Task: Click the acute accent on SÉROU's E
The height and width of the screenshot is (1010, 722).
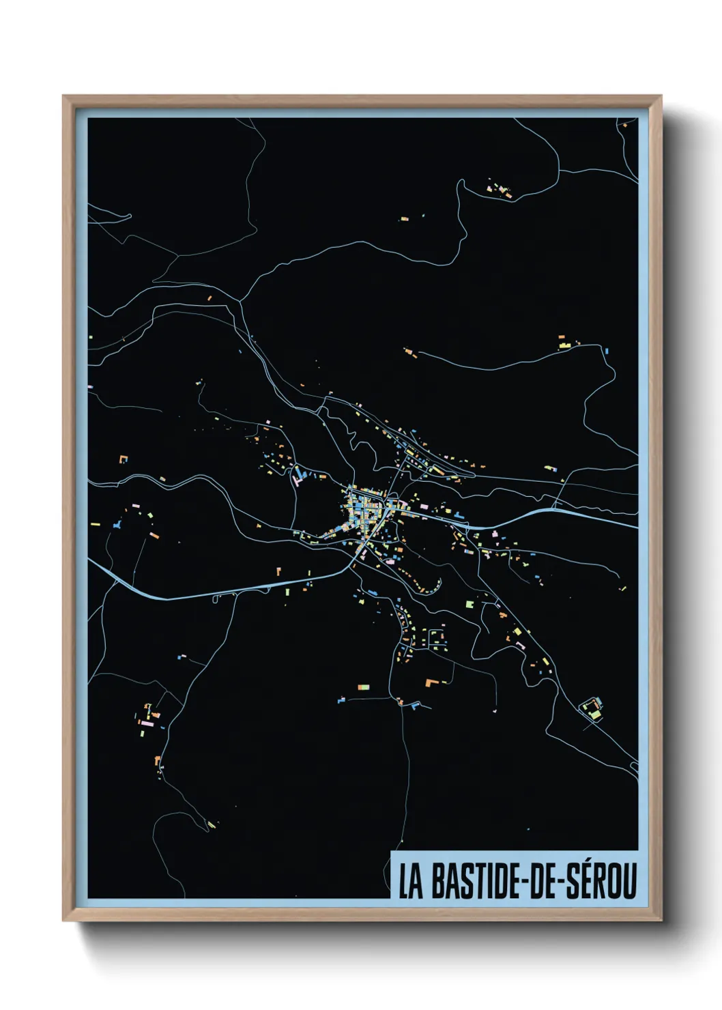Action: [x=583, y=863]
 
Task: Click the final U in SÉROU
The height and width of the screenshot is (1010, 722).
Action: [x=629, y=881]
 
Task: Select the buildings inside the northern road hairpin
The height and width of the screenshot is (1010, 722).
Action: [x=500, y=188]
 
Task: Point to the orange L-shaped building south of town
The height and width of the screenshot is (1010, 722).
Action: [x=431, y=682]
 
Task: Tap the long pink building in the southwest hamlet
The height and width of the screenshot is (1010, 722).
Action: [x=145, y=720]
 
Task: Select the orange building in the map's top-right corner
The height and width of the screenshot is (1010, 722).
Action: [x=623, y=124]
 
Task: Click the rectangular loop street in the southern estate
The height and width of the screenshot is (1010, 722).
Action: [x=437, y=639]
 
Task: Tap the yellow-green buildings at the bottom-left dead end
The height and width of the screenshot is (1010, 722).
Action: [x=212, y=824]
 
